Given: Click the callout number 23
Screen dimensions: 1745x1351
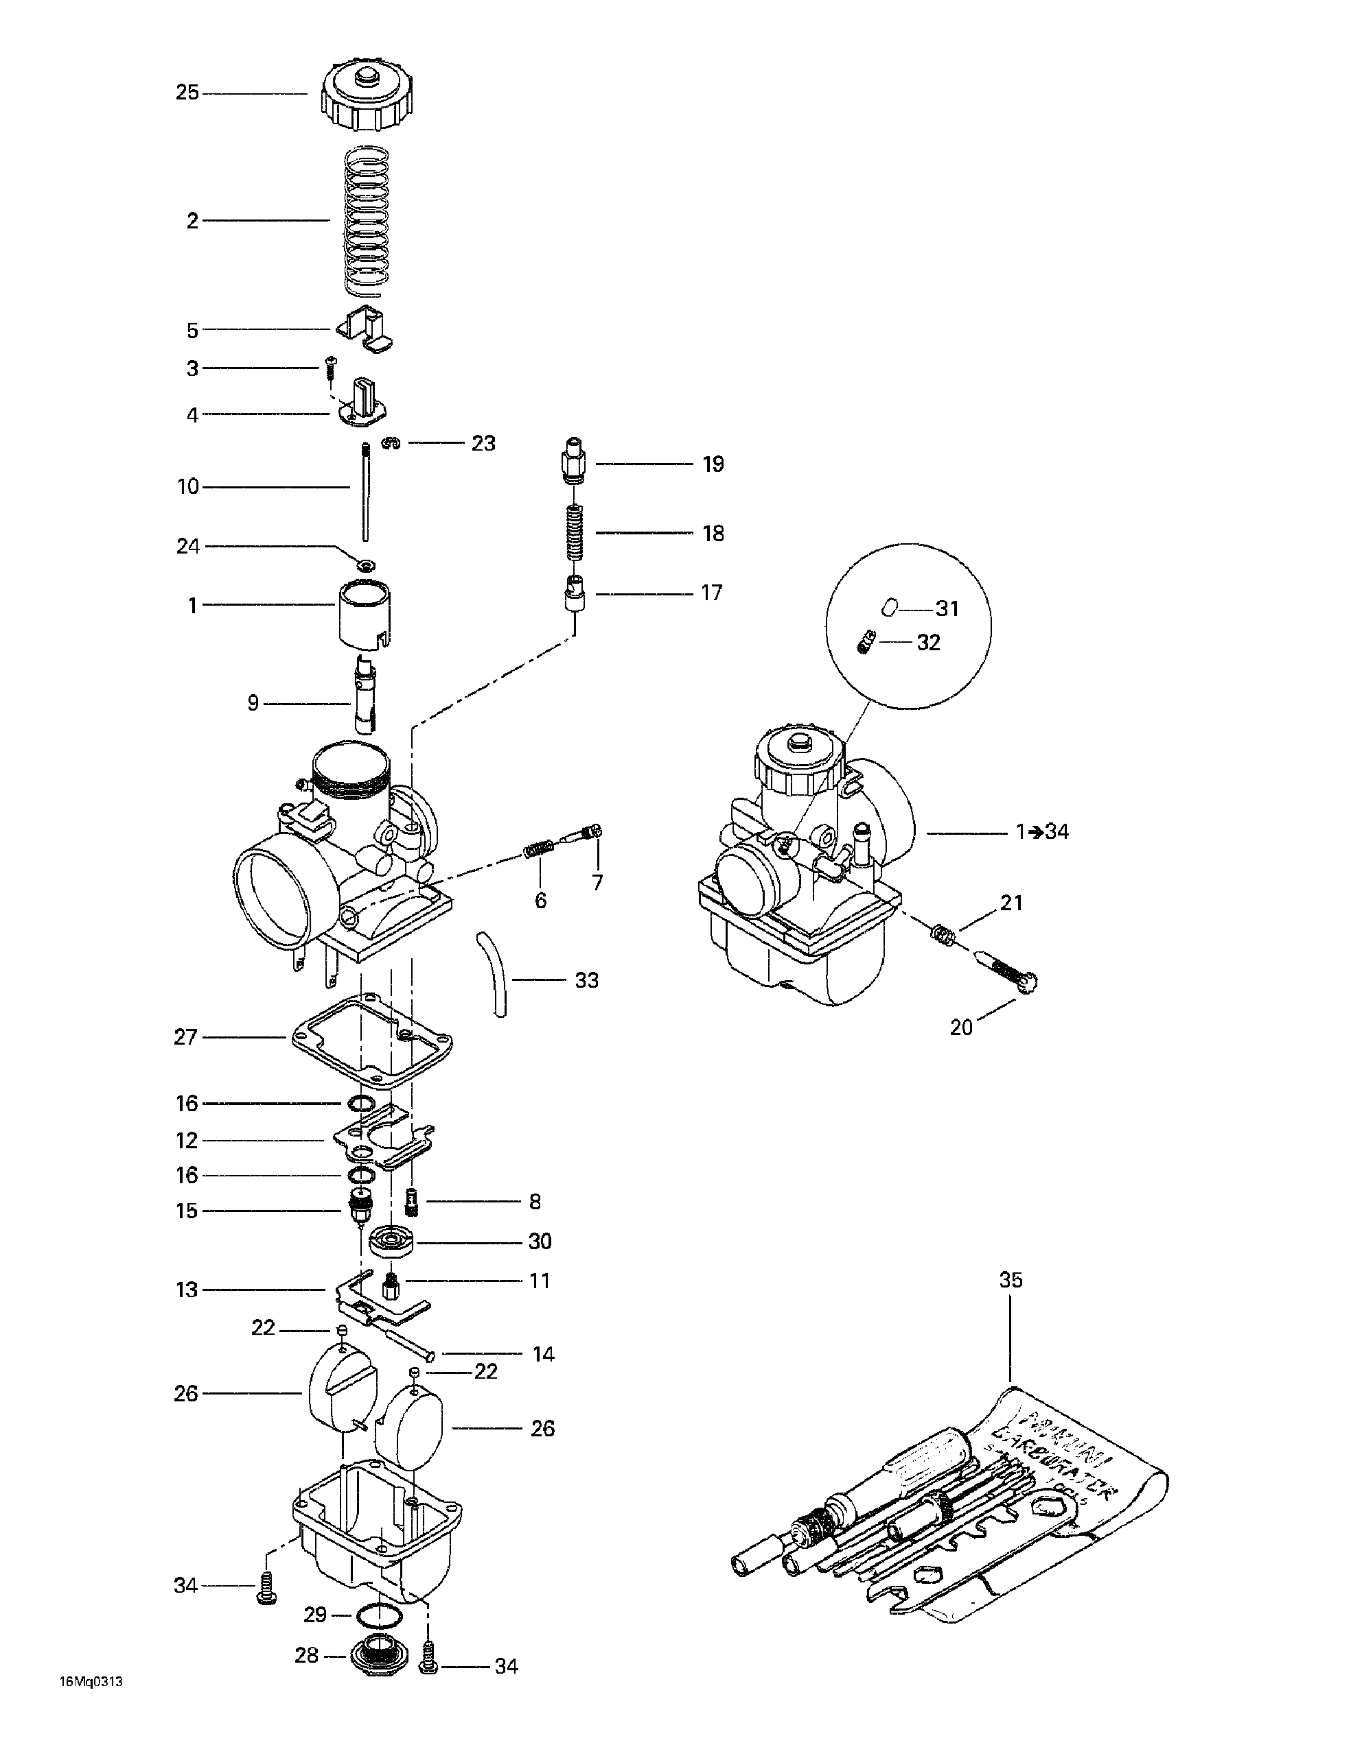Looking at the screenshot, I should coord(483,443).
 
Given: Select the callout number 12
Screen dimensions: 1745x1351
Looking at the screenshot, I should coord(186,1141).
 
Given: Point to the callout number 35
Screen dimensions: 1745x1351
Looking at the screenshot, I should coord(1011,1280).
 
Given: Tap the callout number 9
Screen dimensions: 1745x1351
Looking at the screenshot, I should coord(253,704).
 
